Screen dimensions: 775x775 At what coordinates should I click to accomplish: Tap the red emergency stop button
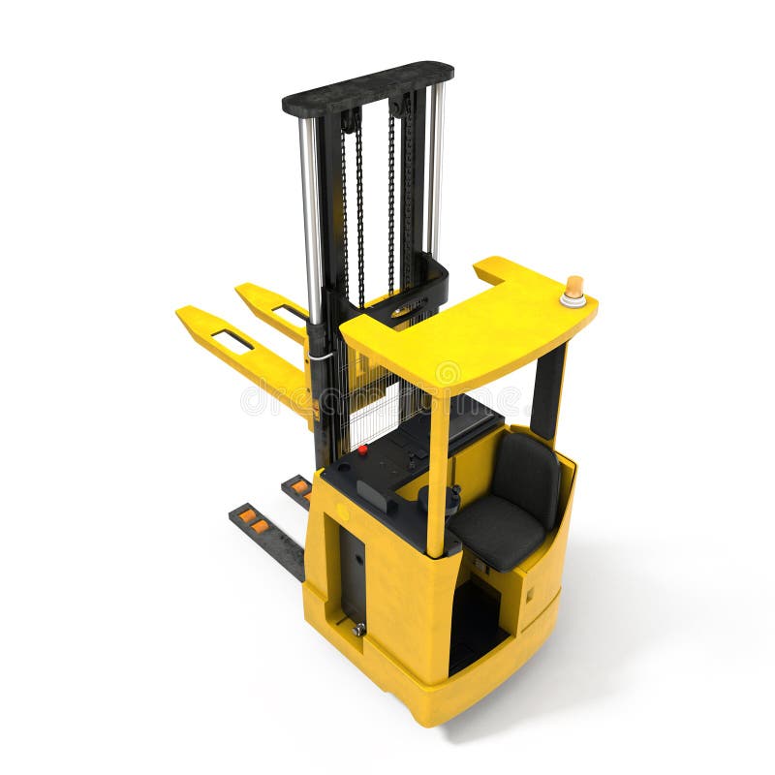pyautogui.click(x=363, y=449)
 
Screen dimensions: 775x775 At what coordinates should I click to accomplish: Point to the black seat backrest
pyautogui.click(x=527, y=475)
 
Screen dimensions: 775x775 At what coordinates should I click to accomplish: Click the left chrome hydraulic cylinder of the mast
pyautogui.click(x=310, y=213)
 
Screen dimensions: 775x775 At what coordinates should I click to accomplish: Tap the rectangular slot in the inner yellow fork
pyautogui.click(x=289, y=312)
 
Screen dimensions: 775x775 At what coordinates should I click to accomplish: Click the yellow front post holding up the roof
pyautogui.click(x=439, y=475)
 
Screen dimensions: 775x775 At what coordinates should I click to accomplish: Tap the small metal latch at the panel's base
pyautogui.click(x=358, y=629)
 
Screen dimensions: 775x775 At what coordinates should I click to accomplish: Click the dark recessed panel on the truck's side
pyautogui.click(x=352, y=572)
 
